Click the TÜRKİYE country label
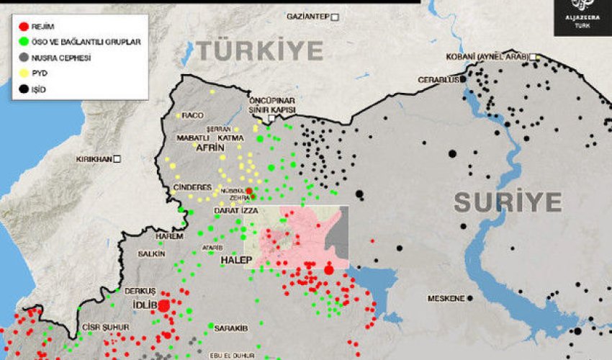[260, 51]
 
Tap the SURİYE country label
[507, 202]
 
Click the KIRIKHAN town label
[94, 158]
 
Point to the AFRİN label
[201, 147]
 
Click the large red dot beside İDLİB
[163, 305]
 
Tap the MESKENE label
[446, 298]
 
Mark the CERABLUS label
[438, 79]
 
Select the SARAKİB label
[231, 328]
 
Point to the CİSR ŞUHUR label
[105, 327]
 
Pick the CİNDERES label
[192, 187]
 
